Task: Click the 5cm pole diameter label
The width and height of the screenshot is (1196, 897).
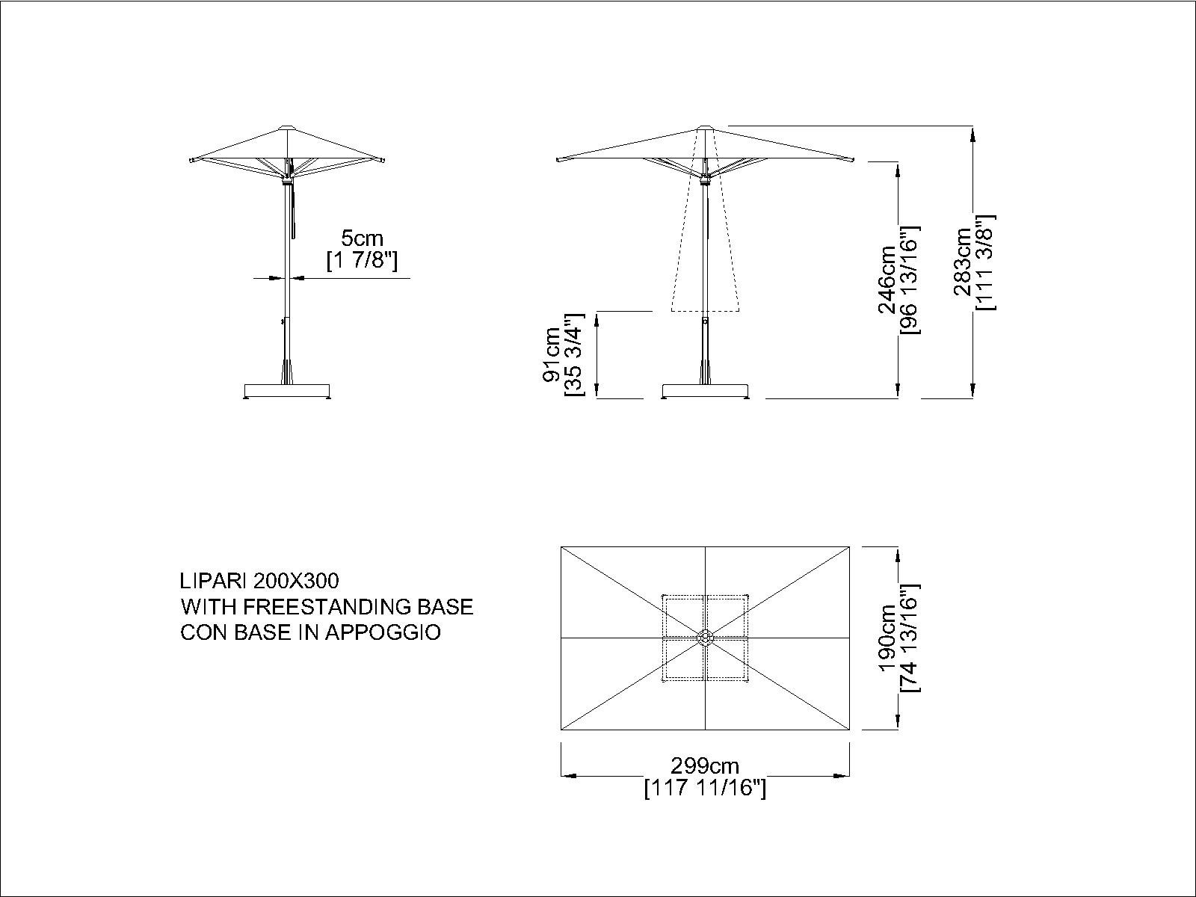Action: click(362, 238)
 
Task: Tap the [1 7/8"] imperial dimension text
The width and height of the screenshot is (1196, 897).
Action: click(362, 261)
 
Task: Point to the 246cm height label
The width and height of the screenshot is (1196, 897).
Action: click(887, 280)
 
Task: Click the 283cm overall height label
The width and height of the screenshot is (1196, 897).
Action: click(964, 262)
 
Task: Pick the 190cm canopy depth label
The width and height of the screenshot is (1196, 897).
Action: click(890, 638)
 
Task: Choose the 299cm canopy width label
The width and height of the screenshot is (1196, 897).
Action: click(705, 766)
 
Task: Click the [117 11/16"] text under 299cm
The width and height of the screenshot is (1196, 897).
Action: click(705, 789)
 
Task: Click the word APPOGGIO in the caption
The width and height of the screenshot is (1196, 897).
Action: click(383, 632)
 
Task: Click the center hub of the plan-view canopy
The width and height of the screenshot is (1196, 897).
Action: click(705, 638)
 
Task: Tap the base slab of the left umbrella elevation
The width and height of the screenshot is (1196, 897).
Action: click(287, 390)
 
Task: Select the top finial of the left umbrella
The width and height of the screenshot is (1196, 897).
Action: click(287, 129)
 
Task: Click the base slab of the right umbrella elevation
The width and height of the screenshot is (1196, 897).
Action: click(705, 390)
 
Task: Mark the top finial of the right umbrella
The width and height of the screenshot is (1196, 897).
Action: click(705, 128)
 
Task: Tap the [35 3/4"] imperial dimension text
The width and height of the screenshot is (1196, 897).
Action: click(574, 354)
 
